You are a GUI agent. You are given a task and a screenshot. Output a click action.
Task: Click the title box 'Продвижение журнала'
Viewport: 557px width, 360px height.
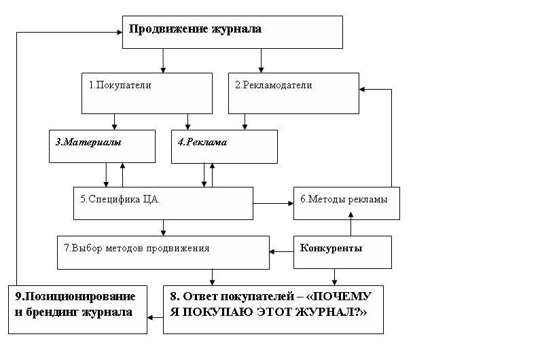[232, 32]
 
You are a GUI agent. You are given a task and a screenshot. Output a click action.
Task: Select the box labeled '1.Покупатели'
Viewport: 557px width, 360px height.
[147, 94]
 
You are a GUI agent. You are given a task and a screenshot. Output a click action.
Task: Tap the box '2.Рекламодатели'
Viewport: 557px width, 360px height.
[293, 94]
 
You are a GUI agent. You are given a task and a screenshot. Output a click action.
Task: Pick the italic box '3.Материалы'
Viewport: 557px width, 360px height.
[103, 146]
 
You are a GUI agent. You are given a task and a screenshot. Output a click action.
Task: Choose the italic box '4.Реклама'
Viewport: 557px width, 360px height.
[225, 147]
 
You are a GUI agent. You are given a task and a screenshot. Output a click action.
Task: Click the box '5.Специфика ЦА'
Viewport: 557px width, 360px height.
[164, 203]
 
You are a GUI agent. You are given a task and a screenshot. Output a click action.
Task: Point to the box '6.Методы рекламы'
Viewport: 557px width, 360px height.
[346, 203]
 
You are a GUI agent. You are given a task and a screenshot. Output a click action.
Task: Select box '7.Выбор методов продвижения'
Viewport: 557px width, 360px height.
[164, 252]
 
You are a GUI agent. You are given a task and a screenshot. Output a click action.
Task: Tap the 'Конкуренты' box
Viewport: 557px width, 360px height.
[342, 252]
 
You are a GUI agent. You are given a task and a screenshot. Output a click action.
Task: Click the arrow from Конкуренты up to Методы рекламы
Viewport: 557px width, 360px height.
[351, 224]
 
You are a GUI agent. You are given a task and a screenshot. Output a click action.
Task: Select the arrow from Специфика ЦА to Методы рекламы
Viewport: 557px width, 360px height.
[273, 203]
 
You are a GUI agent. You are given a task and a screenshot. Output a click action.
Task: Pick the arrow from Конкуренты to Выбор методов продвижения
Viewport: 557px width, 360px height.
[281, 252]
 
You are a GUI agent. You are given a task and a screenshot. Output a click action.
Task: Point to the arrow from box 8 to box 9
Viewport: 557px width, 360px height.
[156, 317]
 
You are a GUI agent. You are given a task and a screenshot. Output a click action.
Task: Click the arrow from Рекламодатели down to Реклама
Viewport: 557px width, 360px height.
[245, 122]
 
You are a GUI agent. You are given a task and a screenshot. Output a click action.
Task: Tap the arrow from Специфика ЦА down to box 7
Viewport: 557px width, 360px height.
[164, 228]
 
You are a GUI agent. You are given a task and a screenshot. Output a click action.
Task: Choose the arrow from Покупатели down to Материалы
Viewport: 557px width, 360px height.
[114, 122]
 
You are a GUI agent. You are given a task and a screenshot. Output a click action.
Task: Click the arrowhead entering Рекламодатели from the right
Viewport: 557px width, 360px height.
[362, 89]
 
